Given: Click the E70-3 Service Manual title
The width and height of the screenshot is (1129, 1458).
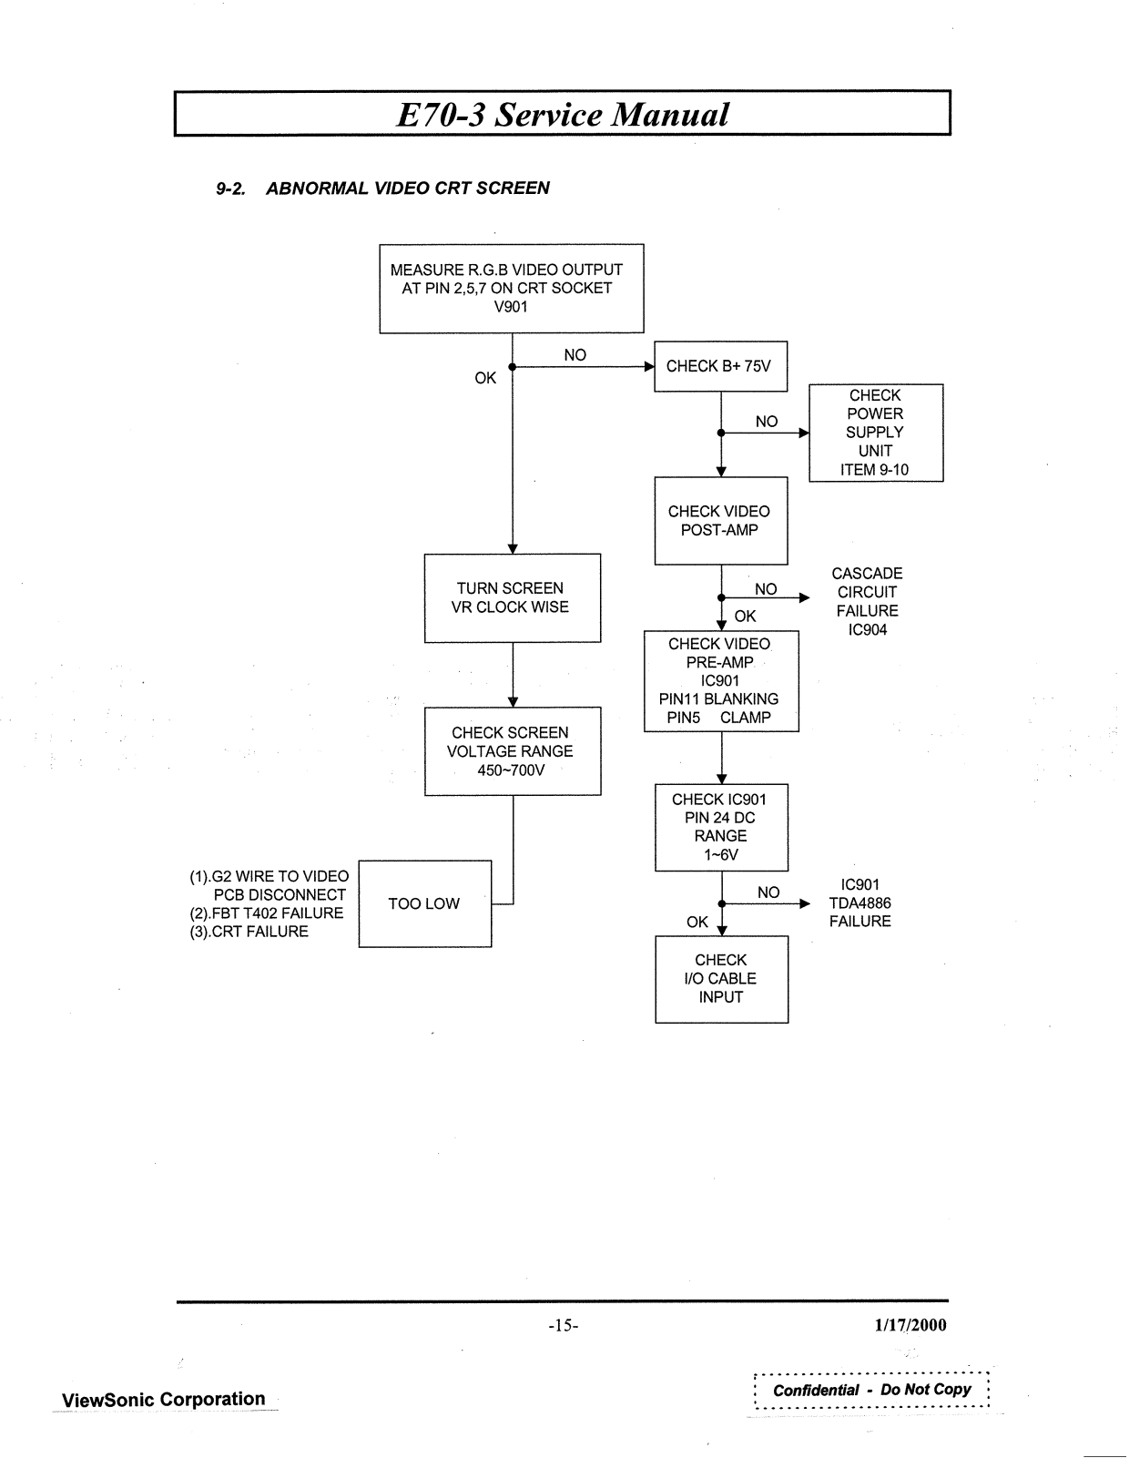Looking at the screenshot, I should [563, 115].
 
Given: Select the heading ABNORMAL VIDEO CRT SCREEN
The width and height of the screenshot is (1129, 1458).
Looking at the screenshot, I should [407, 189].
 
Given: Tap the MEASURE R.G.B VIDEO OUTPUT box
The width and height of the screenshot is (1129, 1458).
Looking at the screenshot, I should [511, 288].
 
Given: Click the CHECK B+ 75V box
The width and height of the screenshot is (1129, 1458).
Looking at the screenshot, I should [720, 366].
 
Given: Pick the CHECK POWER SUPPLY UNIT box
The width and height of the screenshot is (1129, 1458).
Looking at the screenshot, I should [875, 433].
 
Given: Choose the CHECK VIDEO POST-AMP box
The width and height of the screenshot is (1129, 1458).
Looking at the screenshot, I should [720, 521].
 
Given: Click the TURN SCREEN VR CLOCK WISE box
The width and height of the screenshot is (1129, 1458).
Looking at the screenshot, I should [512, 597].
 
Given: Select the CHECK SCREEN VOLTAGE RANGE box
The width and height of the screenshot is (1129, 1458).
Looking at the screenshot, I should [512, 751].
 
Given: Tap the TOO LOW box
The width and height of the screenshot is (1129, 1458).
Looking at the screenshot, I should [424, 903].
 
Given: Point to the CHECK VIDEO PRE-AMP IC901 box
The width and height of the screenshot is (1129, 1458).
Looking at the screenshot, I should [720, 680].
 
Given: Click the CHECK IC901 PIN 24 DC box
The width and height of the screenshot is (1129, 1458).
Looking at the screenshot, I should [720, 827].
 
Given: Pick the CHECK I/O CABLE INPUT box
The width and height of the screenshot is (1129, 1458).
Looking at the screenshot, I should [720, 979].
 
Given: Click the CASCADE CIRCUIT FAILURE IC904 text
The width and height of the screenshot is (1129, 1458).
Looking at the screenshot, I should [867, 601].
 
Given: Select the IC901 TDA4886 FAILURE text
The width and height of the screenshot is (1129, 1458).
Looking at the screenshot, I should [860, 902].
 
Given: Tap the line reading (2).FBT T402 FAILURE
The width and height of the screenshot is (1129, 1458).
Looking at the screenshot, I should [266, 913].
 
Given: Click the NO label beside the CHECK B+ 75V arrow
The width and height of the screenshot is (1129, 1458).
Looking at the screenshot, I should [575, 355].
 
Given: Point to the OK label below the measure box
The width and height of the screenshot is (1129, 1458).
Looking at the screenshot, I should [485, 378].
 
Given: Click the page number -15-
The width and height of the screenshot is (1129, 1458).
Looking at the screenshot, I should [564, 1325].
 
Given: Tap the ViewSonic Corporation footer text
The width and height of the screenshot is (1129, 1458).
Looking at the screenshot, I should [164, 1399].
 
